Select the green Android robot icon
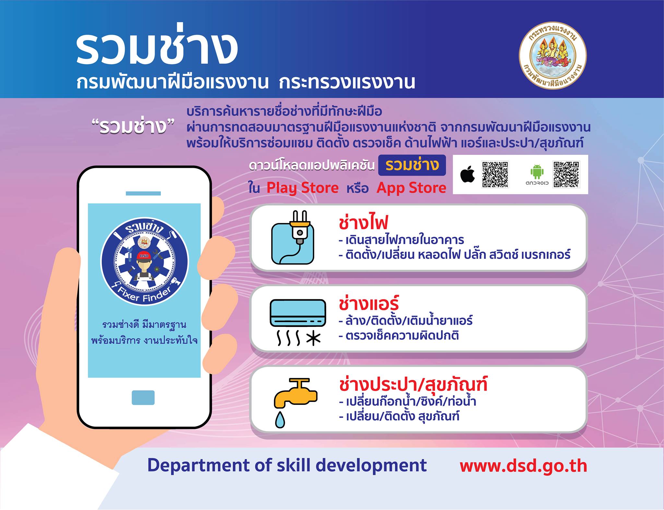pos(537,172)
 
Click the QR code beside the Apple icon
pos(495,175)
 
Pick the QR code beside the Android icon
pos(566,175)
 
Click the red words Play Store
pos(302,188)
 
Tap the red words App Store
pos(411,188)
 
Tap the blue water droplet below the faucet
pos(280,419)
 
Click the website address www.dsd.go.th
pos(523,466)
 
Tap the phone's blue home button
pos(143,397)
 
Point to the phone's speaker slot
pos(143,193)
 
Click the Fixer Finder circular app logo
pos(145,262)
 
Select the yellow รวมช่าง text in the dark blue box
pos(412,165)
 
